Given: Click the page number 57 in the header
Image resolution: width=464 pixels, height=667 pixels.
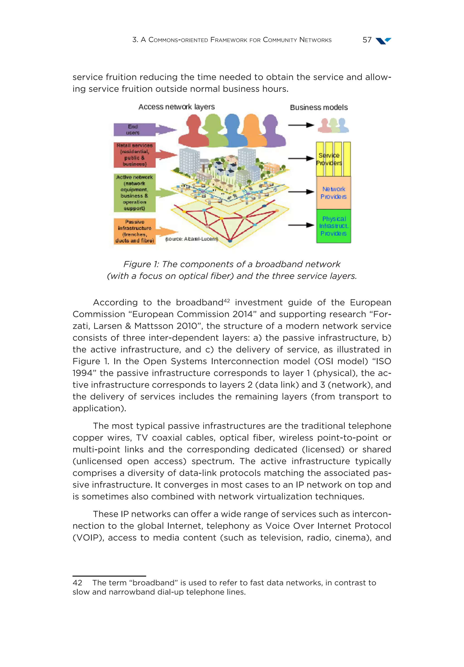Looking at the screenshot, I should coord(367,40).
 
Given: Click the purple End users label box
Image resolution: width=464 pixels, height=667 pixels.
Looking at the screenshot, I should coord(134,130).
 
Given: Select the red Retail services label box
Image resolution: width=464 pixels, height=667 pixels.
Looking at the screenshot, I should coord(134,155).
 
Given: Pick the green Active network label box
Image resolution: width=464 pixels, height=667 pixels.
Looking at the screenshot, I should coord(134,193).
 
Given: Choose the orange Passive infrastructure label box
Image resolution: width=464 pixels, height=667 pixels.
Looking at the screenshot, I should coord(134,231).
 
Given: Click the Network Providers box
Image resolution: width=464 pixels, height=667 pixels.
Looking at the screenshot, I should coord(333,193).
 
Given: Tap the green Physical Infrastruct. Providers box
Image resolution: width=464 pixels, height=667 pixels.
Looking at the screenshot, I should coord(333,226).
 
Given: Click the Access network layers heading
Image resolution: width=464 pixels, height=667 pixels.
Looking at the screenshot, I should coord(176,107).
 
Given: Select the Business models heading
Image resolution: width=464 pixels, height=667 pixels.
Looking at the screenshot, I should coord(319,107).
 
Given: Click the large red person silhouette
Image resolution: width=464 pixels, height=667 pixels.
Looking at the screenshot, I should coord(193,131).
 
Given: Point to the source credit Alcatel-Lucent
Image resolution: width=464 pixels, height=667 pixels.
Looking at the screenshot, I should coord(191,239).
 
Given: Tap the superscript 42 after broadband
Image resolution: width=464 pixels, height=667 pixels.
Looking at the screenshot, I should coord(227,301).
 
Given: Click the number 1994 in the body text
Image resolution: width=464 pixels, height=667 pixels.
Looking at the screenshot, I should coord(84,373).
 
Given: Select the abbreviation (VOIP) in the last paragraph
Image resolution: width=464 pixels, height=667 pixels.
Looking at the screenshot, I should coord(88,538).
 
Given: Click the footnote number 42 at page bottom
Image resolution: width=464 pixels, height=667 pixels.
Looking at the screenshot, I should coord(77,583).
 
